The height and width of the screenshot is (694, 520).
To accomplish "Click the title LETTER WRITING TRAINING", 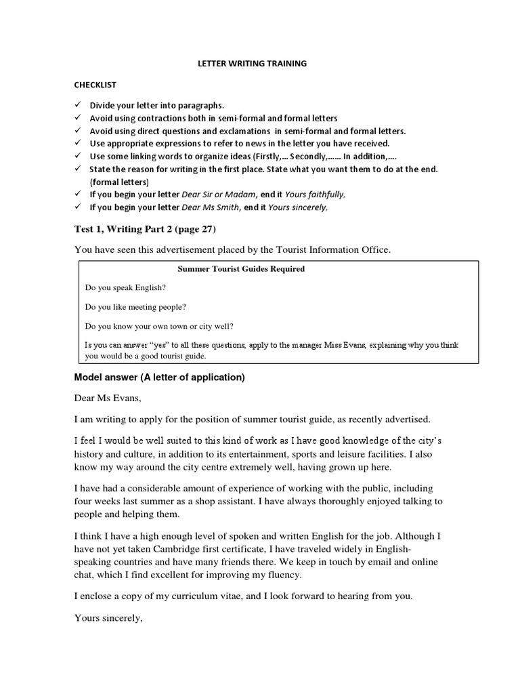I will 252,64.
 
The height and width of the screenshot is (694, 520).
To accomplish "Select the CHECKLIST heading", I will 95,85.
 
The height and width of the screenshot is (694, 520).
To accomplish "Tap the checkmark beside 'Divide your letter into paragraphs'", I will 78,106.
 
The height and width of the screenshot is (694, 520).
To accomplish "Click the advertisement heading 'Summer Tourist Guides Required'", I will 241,269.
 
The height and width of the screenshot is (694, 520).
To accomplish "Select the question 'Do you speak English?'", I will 125,288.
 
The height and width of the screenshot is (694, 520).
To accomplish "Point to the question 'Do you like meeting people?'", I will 135,306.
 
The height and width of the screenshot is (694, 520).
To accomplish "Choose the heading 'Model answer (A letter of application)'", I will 159,377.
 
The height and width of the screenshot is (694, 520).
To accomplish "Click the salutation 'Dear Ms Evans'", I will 105,399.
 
